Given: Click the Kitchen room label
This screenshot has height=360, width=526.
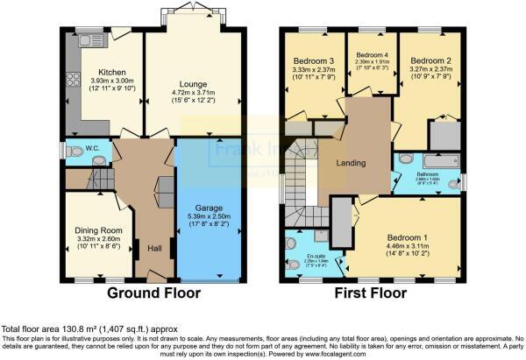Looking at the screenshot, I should coord(111,72).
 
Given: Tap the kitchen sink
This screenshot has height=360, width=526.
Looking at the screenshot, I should coord(89,39).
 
